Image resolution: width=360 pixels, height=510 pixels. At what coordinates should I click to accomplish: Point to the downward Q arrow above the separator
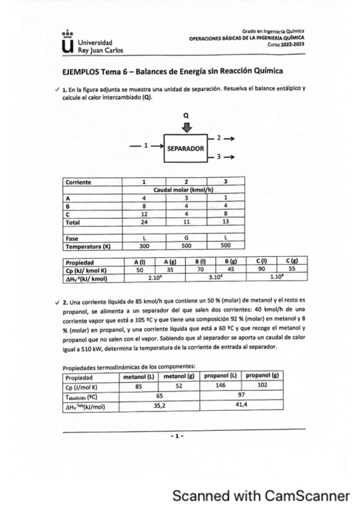pyautogui.click(x=186, y=127)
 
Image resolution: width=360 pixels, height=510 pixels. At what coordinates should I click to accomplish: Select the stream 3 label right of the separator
pyautogui.click(x=219, y=157)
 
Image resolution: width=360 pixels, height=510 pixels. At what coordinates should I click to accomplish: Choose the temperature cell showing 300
pyautogui.click(x=144, y=246)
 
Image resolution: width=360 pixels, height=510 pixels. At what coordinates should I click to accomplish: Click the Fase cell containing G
pyautogui.click(x=186, y=238)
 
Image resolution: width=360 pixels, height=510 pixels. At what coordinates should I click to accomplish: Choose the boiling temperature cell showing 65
pyautogui.click(x=159, y=397)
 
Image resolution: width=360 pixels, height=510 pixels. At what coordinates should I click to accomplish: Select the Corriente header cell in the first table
pyautogui.click(x=92, y=181)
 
